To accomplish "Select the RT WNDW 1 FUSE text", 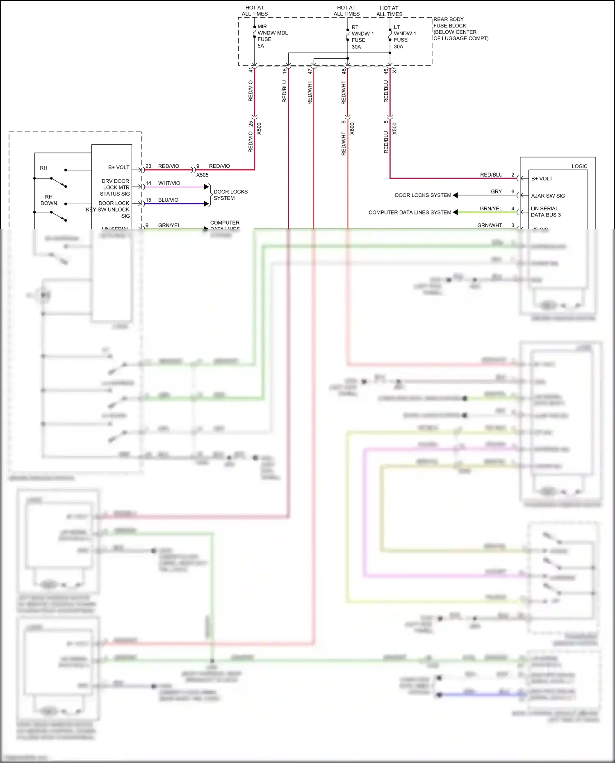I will [362, 37].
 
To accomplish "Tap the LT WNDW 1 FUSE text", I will [405, 37].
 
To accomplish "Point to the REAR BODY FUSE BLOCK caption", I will [460, 29].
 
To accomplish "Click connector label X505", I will [202, 175].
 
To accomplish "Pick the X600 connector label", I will [352, 129].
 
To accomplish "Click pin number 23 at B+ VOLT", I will [148, 166].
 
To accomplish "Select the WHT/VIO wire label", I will [169, 183].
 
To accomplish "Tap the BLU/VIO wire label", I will [168, 200].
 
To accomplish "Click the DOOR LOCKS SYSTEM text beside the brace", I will [230, 195].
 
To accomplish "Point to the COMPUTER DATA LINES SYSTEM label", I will [410, 212].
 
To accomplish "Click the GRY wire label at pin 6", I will [496, 191].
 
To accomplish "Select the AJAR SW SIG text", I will [548, 196].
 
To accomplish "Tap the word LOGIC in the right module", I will [579, 166].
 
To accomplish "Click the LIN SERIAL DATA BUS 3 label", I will [545, 212].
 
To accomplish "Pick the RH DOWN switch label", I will [49, 200].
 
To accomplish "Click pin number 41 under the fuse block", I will [251, 71].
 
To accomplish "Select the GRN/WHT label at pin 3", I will [490, 225].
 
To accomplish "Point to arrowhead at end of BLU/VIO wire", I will [206, 204].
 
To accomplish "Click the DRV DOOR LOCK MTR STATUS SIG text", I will [115, 187].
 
